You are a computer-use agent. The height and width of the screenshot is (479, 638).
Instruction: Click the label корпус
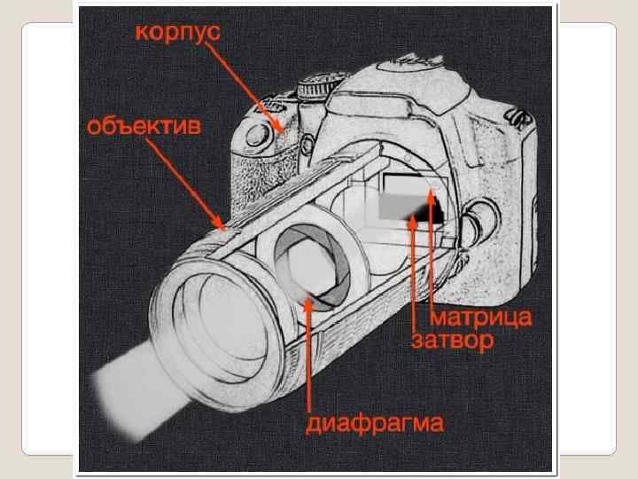point(177,32)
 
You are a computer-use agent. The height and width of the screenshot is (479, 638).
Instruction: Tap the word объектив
point(144,126)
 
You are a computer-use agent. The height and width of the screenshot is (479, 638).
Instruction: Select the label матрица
point(481,317)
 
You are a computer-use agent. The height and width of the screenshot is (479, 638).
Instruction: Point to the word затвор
point(453,341)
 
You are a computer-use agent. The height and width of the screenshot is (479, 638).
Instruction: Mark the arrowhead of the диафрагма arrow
point(309,303)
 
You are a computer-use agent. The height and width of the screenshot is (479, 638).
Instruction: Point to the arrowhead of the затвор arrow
point(413,221)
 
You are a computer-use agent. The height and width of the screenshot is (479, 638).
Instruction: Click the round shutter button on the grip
point(258,135)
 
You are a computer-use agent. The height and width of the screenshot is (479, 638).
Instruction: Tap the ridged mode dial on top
point(318,85)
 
